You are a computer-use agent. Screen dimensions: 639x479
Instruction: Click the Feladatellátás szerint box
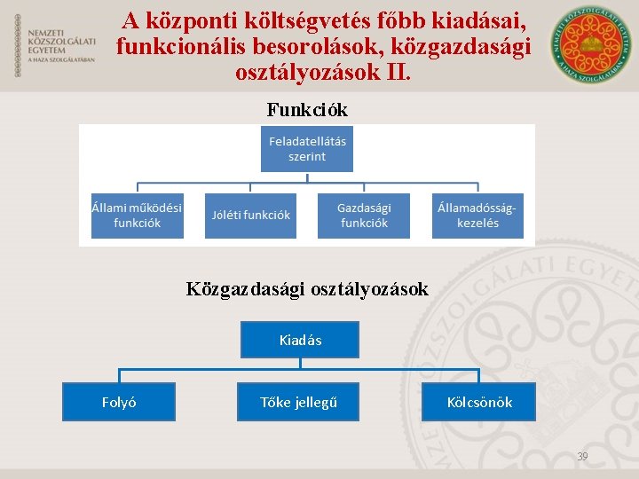306,148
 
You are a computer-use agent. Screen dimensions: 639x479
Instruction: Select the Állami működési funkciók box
138,216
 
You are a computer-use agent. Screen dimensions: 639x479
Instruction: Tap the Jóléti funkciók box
251,216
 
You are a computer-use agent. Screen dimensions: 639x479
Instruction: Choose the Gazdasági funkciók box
364,216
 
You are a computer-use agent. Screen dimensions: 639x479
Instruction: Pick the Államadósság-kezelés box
477,216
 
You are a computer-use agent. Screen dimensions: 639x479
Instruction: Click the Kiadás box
300,340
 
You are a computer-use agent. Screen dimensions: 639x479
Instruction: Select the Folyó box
119,402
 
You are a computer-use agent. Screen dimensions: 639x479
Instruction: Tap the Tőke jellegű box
298,402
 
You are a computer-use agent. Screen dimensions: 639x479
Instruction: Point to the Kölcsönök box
479,402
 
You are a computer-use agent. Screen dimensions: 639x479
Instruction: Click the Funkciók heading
307,110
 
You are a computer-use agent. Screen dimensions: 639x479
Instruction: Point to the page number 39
582,457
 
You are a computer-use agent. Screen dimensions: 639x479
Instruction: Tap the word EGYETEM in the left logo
46,51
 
